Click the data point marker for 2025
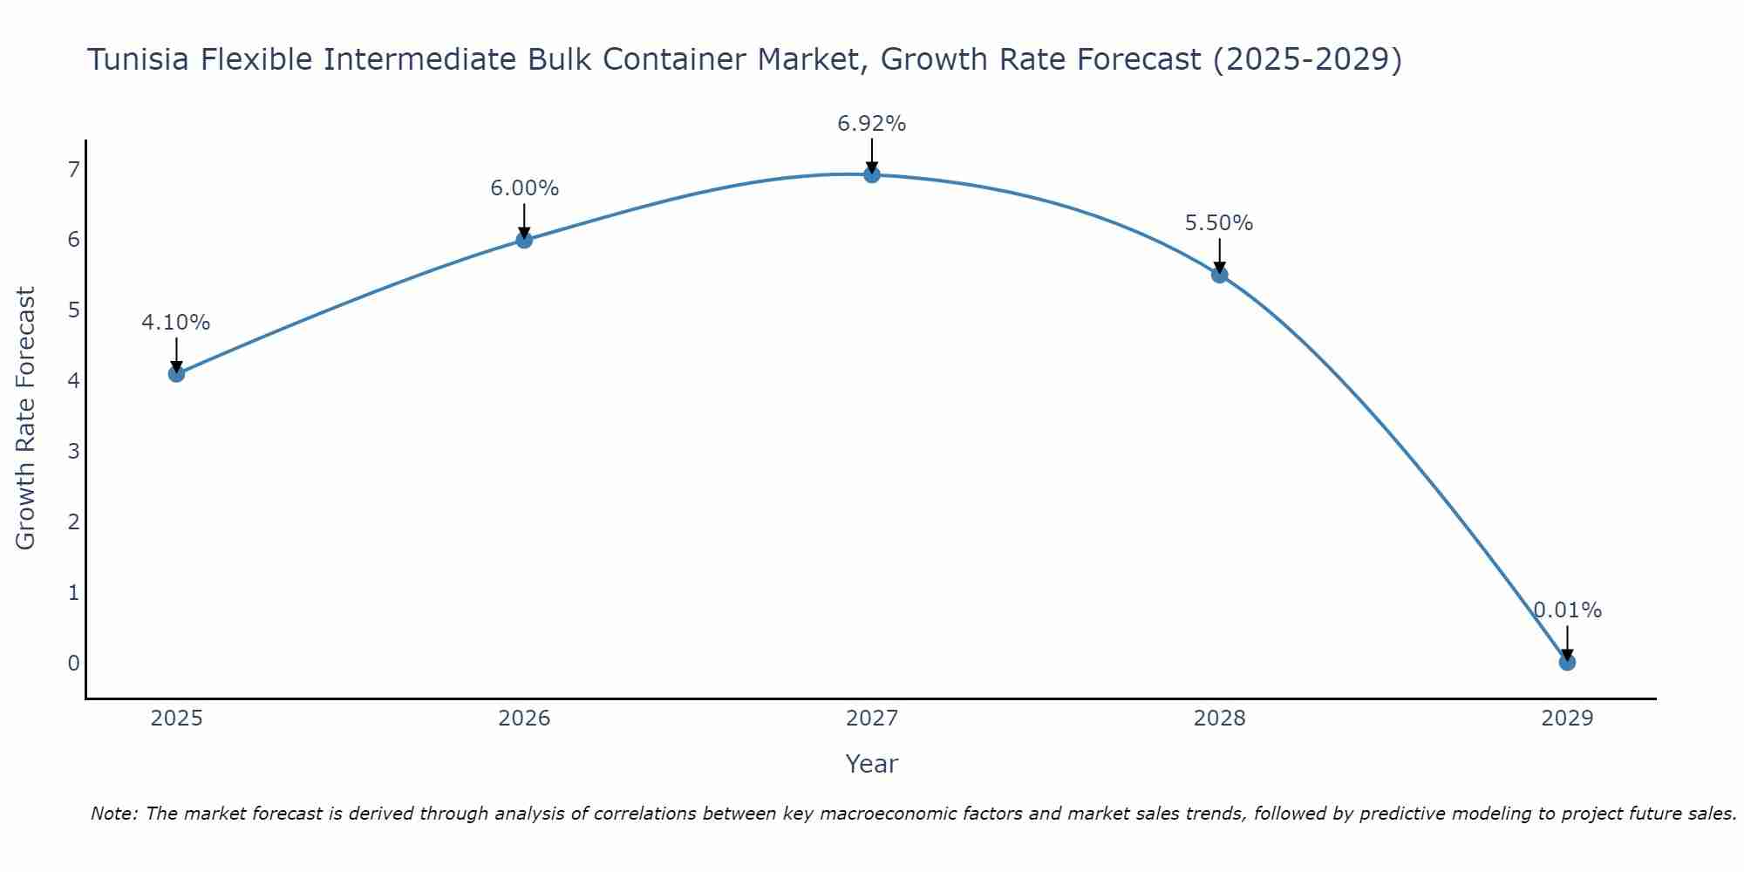[x=176, y=374]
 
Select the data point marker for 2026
[x=524, y=240]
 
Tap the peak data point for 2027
[x=872, y=174]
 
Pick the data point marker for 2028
[x=1219, y=275]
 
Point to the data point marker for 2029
[x=1567, y=662]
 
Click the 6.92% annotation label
[x=872, y=124]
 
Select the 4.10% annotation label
[x=176, y=323]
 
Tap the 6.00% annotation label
[x=524, y=188]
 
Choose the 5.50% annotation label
[x=1219, y=223]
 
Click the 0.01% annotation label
[x=1568, y=610]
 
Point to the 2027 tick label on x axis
[x=872, y=719]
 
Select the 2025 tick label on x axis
[x=176, y=719]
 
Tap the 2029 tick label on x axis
[x=1567, y=719]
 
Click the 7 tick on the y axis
[x=73, y=169]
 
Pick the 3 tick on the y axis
[x=73, y=451]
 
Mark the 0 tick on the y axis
[x=73, y=663]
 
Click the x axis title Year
[x=872, y=764]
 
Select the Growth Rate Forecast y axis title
[x=26, y=419]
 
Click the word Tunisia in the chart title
[x=140, y=59]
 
